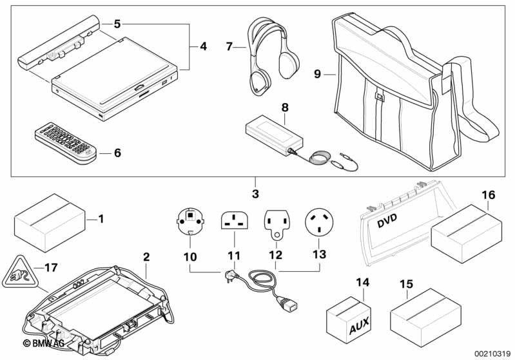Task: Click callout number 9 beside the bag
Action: (317, 75)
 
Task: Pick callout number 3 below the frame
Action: (255, 194)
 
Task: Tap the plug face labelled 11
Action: (235, 221)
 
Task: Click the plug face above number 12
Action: (275, 221)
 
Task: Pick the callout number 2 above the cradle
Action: (146, 257)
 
